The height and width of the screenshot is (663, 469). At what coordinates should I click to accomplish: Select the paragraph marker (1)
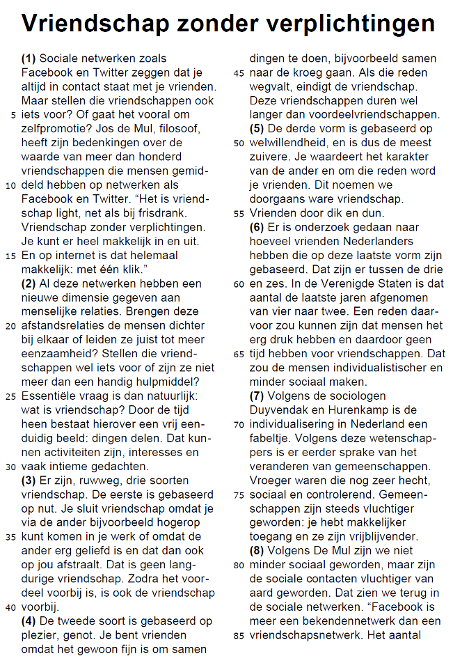click(x=29, y=59)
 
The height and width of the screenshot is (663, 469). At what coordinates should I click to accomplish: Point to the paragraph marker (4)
click(x=29, y=621)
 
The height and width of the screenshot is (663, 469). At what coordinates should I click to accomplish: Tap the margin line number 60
click(x=239, y=284)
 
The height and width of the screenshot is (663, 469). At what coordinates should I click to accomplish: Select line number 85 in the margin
click(x=239, y=635)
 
